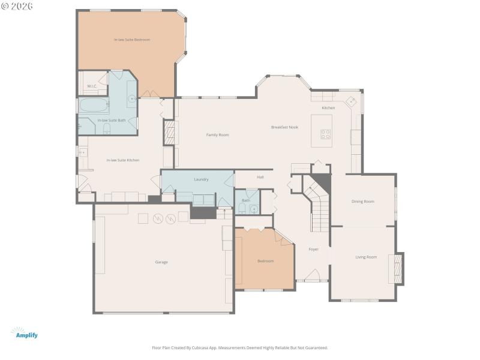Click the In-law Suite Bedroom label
tap(132, 40)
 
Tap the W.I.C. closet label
tap(92, 86)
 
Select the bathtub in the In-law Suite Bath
tap(94, 107)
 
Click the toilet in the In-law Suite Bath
tap(106, 130)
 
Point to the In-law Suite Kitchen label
tap(123, 160)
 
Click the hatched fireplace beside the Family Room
tap(169, 133)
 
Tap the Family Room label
tap(217, 135)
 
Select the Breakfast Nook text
tap(284, 127)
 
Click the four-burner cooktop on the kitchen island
tap(326, 134)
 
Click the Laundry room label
tap(201, 179)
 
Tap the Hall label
tap(260, 177)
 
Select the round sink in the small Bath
tap(254, 209)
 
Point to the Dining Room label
tap(362, 202)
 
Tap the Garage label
tap(161, 262)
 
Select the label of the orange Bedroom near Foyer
tap(265, 261)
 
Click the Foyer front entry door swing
tap(312, 275)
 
